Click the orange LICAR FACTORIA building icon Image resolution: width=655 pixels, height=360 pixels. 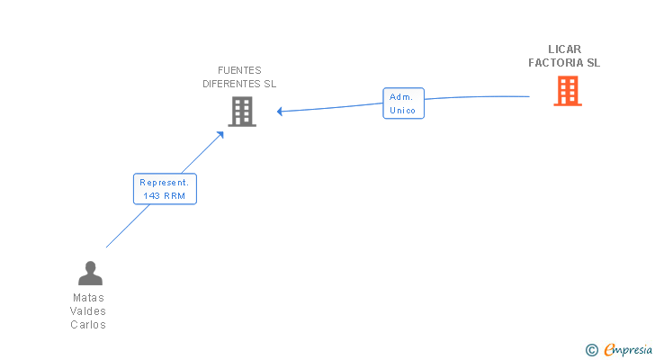[567, 90]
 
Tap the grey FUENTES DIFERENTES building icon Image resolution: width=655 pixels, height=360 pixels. [241, 112]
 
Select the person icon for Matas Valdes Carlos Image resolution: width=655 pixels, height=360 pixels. [90, 273]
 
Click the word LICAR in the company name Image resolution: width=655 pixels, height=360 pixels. [565, 49]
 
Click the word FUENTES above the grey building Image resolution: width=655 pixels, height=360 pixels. [239, 70]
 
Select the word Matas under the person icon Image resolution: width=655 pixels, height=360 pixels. [88, 297]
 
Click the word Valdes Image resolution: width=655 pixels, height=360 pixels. [88, 311]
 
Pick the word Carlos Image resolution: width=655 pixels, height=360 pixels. [88, 325]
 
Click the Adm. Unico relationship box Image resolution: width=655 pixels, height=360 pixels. [402, 103]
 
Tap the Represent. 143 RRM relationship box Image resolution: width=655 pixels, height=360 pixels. [165, 188]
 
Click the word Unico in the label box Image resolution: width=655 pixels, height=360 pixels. [402, 111]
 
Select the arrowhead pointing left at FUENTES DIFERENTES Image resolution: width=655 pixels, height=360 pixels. [281, 112]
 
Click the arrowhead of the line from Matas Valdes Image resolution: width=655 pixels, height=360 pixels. [220, 135]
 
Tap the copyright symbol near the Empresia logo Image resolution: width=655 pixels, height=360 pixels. [591, 350]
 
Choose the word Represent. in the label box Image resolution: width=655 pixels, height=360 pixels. [165, 182]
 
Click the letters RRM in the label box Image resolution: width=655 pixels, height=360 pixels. [174, 195]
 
